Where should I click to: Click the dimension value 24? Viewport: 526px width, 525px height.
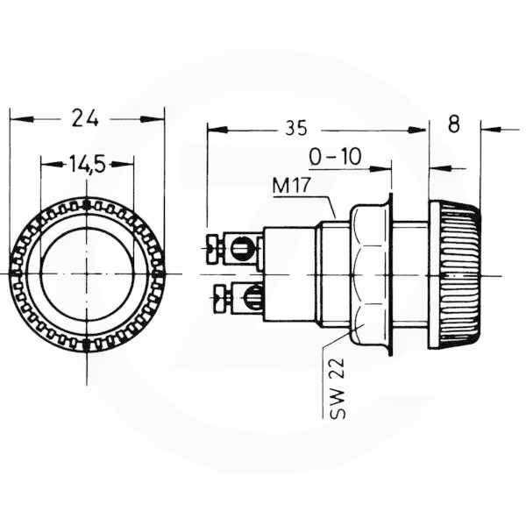[85, 117]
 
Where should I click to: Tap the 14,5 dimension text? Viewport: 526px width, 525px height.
[87, 165]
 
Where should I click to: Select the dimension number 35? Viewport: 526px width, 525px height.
[296, 128]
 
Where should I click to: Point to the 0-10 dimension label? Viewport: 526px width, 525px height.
[335, 157]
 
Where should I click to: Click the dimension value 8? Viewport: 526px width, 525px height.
[454, 124]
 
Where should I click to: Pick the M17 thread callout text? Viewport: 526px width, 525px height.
[292, 186]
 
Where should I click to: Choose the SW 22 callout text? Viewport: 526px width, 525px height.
[338, 388]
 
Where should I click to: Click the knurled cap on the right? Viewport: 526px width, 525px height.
[455, 275]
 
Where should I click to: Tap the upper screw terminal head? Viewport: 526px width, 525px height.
[213, 249]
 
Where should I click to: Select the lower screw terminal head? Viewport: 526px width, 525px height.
[220, 297]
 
